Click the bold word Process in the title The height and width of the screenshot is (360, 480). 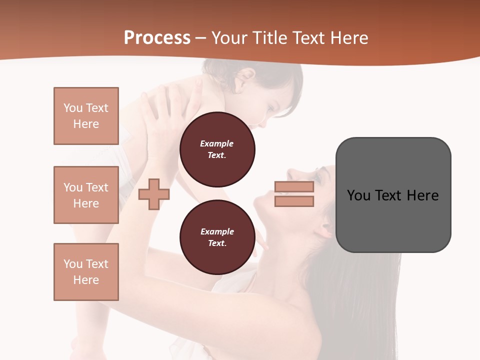(x=157, y=38)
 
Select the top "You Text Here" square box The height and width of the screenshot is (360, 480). (x=86, y=116)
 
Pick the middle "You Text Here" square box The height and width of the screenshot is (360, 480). (x=86, y=195)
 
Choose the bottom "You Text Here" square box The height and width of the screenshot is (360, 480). (x=86, y=271)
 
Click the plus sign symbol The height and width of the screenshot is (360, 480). (x=153, y=193)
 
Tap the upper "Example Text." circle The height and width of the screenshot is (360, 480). (x=217, y=149)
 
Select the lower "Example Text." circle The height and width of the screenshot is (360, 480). (x=217, y=237)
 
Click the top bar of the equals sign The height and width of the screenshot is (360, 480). (x=294, y=186)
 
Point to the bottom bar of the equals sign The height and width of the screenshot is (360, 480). (x=294, y=201)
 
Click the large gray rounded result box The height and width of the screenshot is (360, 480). (x=393, y=195)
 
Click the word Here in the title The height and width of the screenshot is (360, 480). (x=349, y=38)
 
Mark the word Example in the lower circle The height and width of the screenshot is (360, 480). (x=217, y=231)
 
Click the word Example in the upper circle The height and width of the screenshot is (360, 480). (x=217, y=143)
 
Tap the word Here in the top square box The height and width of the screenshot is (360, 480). (x=86, y=124)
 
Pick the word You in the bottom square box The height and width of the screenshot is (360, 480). (x=73, y=264)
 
